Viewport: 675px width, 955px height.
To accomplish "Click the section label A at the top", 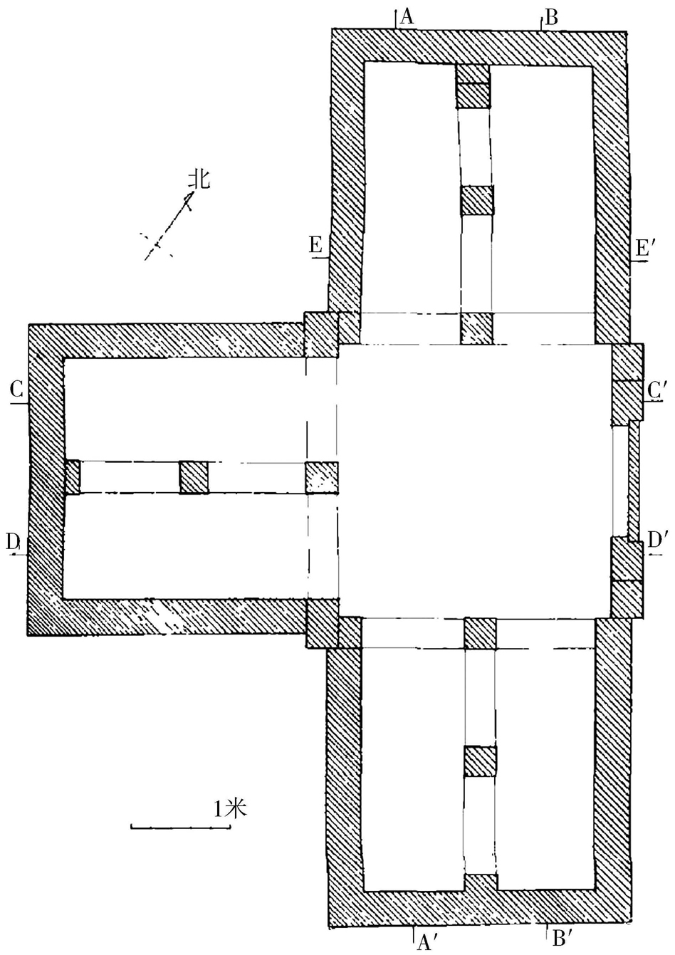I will point(407,16).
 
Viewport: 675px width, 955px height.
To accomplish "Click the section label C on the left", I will point(18,390).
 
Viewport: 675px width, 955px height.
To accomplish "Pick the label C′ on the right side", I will point(656,390).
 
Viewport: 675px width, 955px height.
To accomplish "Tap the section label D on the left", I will point(14,542).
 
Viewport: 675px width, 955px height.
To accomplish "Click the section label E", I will point(315,246).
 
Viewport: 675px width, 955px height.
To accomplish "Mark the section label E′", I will point(642,248).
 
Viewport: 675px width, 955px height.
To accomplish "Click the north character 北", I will point(199,179).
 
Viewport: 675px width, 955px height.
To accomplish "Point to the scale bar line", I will point(180,827).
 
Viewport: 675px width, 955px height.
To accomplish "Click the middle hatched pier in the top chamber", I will point(476,200).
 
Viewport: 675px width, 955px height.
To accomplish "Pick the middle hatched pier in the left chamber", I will point(193,476).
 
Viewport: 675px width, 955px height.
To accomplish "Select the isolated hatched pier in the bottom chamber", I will point(480,761).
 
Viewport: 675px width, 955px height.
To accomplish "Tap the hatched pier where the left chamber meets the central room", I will point(322,477).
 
